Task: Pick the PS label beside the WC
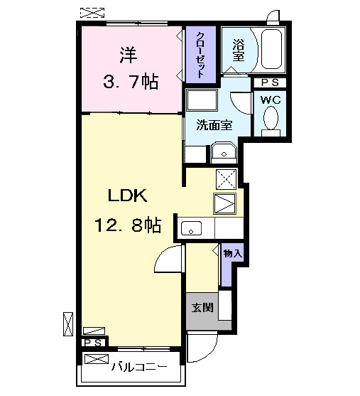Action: (x=270, y=82)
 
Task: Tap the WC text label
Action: (x=271, y=100)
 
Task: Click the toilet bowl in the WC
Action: (x=271, y=121)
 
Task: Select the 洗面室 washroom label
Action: (x=214, y=124)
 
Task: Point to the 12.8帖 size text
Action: (x=127, y=225)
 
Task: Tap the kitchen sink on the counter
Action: (x=192, y=228)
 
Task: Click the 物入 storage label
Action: (x=232, y=253)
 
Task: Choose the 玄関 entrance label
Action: (x=202, y=308)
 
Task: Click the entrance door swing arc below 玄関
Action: (x=201, y=348)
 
